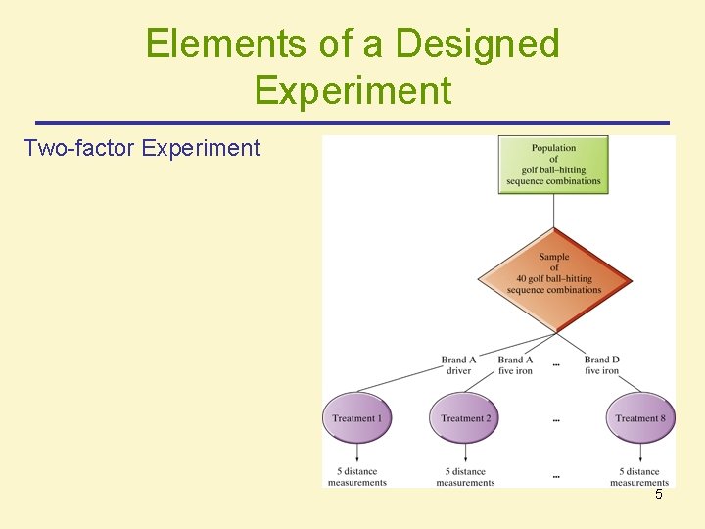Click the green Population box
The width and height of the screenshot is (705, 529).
coord(553,165)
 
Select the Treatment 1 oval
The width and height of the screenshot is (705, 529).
coord(356,418)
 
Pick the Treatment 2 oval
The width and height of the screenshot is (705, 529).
coord(465,418)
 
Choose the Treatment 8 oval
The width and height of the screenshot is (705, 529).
coord(640,418)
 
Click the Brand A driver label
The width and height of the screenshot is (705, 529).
coord(458,365)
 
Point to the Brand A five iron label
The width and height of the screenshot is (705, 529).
coord(516,365)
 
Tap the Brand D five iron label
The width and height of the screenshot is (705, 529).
coord(602,365)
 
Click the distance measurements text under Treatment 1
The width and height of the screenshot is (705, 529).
coord(357,477)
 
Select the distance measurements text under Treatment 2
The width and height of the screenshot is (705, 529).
coord(465,477)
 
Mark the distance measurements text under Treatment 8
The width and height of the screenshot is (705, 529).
coord(639,477)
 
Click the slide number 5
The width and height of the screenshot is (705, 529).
coord(659,495)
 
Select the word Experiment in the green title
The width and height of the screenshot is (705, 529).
coord(352,90)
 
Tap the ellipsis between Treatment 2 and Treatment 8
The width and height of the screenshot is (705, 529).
coord(556,419)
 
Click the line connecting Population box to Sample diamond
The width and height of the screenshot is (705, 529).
coord(554,210)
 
